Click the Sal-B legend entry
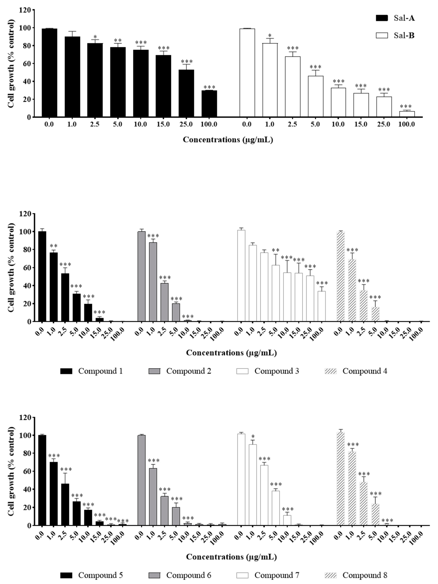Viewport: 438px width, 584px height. [x=395, y=35]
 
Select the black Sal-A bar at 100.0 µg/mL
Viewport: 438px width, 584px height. [x=209, y=104]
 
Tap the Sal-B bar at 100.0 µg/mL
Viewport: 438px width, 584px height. [x=407, y=114]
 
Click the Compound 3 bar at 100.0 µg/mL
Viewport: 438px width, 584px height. [x=321, y=306]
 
